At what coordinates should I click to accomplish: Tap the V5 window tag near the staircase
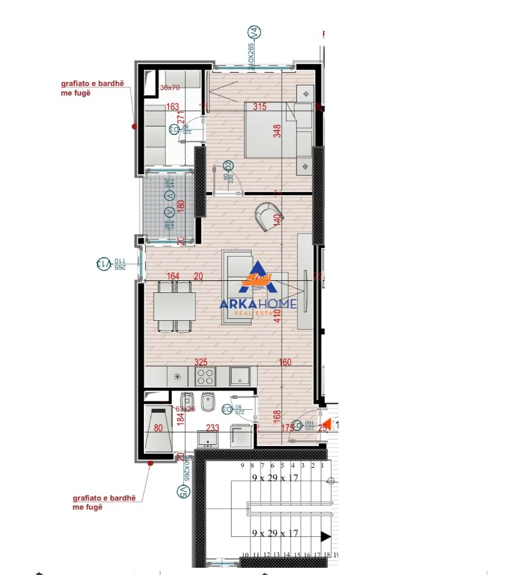(x=183, y=491)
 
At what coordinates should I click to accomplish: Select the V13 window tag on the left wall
(x=103, y=263)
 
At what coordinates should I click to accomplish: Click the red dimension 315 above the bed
(x=260, y=107)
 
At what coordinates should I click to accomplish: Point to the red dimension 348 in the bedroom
(x=277, y=131)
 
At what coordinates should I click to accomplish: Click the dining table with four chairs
(x=174, y=306)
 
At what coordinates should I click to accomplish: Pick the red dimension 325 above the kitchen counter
(x=201, y=362)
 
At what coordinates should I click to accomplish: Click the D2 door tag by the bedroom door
(x=228, y=165)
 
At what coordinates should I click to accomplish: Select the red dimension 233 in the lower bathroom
(x=212, y=427)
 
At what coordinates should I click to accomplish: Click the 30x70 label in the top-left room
(x=170, y=88)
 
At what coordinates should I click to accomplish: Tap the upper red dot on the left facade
(x=134, y=126)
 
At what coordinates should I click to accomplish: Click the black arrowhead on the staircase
(x=326, y=536)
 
